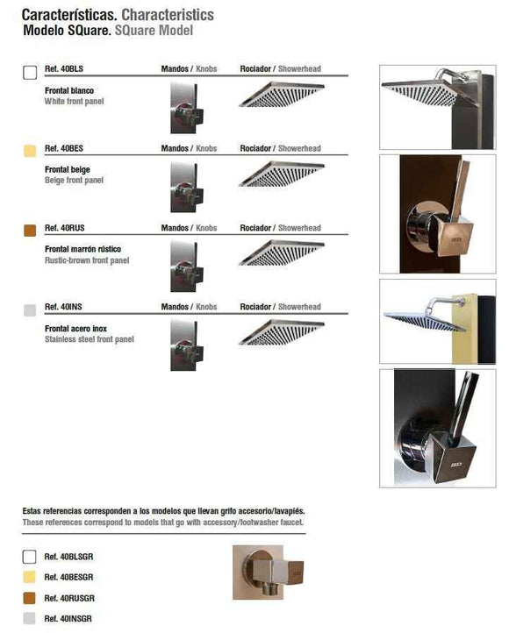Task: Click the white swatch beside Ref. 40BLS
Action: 30,72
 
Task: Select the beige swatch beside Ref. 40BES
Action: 30,151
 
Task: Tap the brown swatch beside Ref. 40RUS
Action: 30,231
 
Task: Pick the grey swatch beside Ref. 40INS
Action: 30,310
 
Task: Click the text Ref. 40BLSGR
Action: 68,557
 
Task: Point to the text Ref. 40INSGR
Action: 68,618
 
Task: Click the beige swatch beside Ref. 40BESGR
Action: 29,577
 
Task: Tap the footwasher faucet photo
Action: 268,572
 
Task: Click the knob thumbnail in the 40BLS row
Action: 187,108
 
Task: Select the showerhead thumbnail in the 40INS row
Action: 282,332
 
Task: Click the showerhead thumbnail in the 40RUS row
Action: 282,253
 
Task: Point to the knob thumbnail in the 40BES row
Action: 187,188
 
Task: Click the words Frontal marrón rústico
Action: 82,249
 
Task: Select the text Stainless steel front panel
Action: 90,339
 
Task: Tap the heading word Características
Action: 69,15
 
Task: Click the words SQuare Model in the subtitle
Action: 154,31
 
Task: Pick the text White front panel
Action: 75,101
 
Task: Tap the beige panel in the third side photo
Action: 464,329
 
